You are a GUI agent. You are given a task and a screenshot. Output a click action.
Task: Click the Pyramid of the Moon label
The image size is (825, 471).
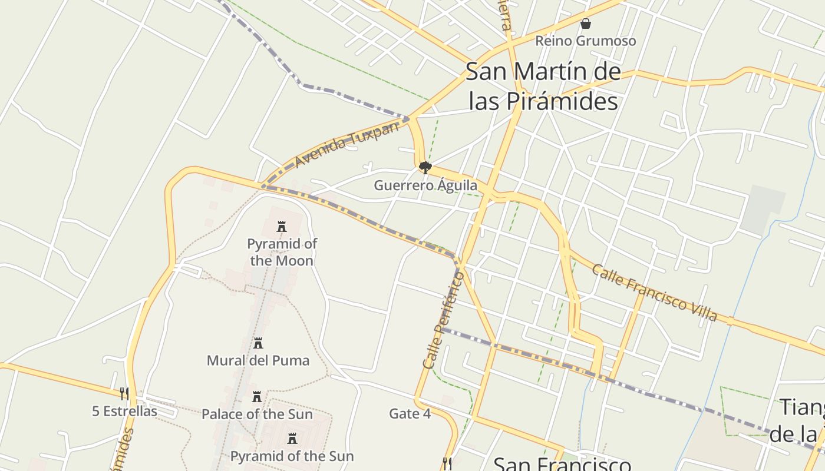(281, 252)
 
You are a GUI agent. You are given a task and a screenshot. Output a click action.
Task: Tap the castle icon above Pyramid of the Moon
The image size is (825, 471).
(282, 227)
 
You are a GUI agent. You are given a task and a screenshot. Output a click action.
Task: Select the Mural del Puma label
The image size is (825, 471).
(258, 360)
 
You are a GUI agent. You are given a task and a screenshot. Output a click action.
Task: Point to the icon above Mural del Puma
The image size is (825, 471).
(258, 343)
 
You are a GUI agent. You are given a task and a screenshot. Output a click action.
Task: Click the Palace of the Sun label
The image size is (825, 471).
(257, 414)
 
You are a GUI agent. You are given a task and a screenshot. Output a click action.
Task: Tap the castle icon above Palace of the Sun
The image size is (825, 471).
(257, 397)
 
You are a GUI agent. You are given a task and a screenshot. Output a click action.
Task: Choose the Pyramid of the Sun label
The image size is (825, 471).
(292, 456)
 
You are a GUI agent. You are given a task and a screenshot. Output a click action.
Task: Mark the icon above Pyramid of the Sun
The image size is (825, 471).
(292, 439)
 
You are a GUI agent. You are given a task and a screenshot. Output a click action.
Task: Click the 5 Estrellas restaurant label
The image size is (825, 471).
(124, 411)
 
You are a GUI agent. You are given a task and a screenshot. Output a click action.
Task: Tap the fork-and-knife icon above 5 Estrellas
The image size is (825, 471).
(124, 393)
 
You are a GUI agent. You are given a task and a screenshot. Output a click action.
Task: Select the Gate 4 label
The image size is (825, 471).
(410, 414)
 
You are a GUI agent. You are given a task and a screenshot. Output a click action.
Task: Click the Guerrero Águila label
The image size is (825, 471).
(425, 185)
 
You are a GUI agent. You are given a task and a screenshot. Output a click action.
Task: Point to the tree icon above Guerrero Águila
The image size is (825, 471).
(425, 168)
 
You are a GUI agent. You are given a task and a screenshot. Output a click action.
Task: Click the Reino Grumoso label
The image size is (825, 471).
(585, 41)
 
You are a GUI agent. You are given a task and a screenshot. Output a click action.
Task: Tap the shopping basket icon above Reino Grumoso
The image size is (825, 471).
(586, 24)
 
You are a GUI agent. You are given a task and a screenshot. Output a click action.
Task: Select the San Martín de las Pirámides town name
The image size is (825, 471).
(543, 87)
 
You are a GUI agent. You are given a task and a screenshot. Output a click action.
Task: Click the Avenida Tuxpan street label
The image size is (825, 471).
(346, 145)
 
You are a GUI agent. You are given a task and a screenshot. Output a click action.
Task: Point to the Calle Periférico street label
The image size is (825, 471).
(443, 320)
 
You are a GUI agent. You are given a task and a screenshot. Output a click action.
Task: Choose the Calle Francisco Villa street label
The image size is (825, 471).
(654, 293)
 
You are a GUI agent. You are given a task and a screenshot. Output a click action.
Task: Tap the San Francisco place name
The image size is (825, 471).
(561, 463)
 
